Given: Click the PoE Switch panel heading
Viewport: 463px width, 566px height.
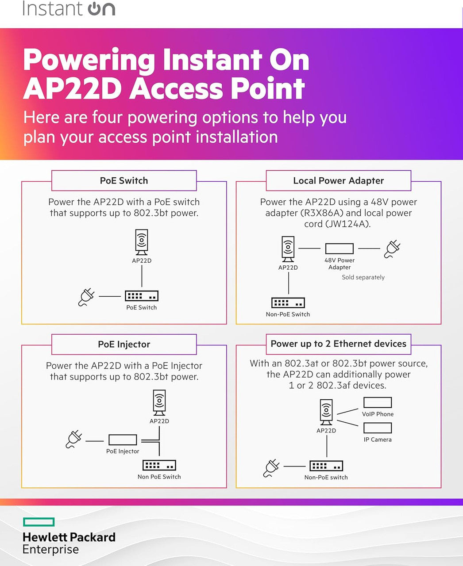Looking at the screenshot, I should pos(124,180).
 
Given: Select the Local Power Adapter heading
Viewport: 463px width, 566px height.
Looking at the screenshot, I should pos(338,180).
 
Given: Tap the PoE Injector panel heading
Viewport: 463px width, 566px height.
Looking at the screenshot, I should pos(124,344).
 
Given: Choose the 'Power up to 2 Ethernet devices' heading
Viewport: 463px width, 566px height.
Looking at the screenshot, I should pos(338,344).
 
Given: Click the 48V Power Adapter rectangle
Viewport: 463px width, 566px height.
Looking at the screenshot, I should pos(339,249).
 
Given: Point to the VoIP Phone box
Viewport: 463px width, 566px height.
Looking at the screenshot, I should pos(377,402).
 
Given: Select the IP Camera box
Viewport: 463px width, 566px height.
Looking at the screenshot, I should pos(377,428).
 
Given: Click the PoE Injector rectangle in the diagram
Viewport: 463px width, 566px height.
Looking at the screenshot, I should pos(123,440).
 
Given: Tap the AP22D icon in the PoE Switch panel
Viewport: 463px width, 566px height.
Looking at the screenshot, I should pos(142,242).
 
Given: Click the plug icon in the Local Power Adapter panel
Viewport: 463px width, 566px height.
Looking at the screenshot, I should pos(392,249).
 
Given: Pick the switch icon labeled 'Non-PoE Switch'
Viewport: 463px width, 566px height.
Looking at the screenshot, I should pos(288,303).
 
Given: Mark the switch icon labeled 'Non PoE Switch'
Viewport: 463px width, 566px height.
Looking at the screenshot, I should pos(159,465).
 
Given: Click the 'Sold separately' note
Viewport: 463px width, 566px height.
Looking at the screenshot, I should pos(363,277).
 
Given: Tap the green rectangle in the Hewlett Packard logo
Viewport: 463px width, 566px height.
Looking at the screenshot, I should pos(39,522).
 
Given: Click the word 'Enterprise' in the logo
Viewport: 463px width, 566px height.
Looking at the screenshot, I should pos(50,550).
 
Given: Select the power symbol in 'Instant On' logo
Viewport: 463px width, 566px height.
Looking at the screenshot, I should pos(94,9).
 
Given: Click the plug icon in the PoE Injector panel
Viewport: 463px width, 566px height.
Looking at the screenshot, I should pos(74,440).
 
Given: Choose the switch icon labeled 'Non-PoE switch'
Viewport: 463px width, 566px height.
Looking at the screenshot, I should pos(326,466).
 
